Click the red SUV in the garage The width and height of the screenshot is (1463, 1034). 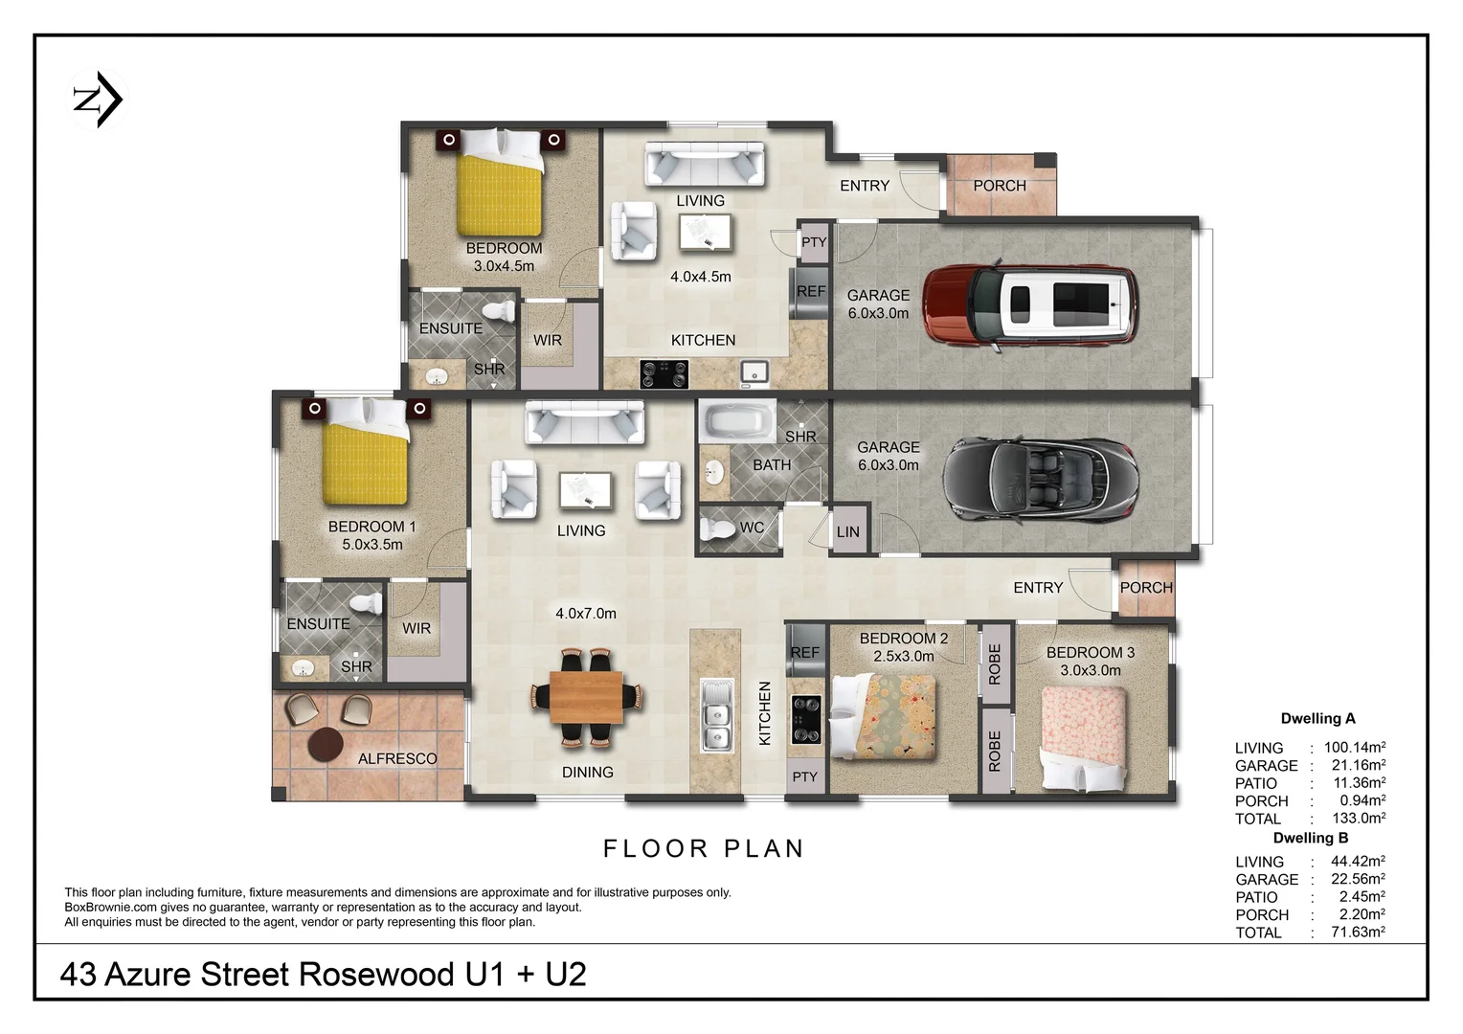[1030, 305]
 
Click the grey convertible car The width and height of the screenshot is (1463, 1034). [1041, 479]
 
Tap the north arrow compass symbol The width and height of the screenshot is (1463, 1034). [98, 100]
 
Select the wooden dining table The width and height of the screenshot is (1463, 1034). [586, 697]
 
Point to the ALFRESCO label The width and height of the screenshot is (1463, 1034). [397, 758]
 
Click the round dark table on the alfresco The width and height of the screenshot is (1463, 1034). [326, 745]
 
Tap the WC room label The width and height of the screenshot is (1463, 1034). [752, 528]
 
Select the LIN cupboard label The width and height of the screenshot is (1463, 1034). [847, 531]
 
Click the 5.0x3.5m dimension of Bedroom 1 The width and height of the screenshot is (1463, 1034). [372, 544]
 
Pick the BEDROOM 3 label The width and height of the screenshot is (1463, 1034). [1091, 652]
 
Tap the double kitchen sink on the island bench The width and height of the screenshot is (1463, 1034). [716, 715]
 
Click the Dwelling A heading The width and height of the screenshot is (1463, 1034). [1318, 718]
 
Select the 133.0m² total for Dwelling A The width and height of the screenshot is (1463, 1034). [1360, 817]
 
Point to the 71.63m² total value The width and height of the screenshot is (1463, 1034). [1359, 932]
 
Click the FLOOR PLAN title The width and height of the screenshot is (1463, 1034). [704, 848]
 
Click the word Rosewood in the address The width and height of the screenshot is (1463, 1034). [376, 975]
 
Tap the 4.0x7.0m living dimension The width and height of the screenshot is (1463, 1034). [586, 614]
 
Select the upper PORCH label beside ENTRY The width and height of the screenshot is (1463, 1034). [1000, 186]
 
